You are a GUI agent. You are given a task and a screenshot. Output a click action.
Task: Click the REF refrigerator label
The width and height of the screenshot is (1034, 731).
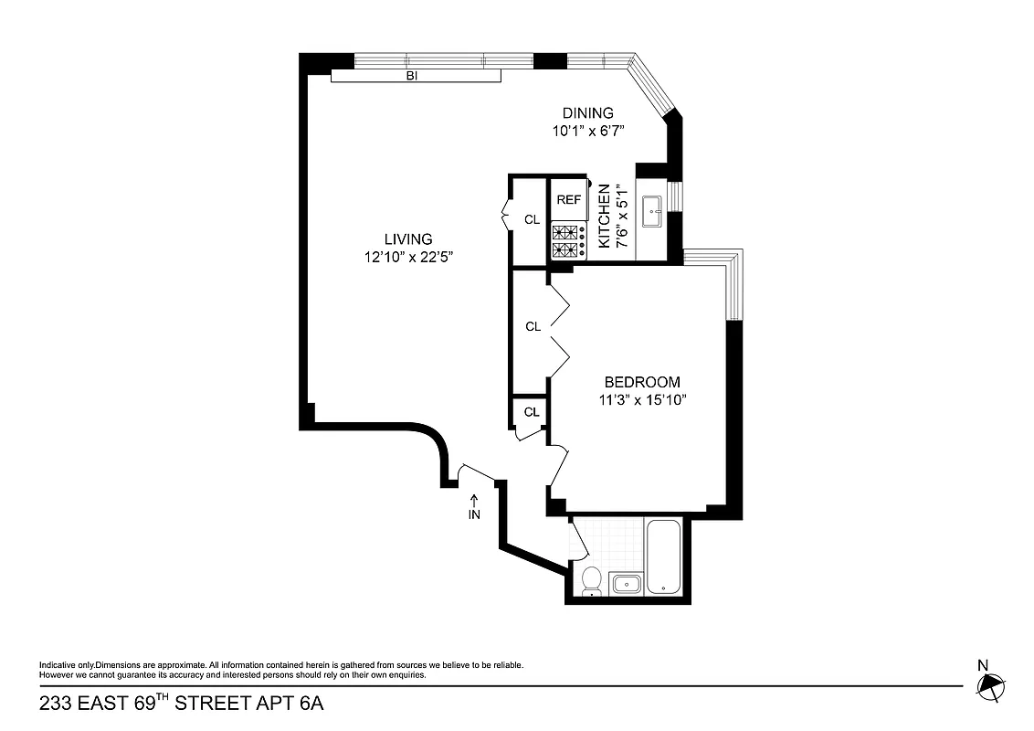pyautogui.click(x=569, y=199)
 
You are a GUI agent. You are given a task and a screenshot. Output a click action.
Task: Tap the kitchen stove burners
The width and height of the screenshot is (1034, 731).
pyautogui.click(x=569, y=240)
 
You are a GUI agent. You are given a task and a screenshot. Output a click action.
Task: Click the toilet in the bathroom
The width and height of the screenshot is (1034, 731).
pyautogui.click(x=591, y=580)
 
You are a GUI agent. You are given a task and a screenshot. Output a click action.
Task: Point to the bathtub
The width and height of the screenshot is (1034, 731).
pyautogui.click(x=662, y=557)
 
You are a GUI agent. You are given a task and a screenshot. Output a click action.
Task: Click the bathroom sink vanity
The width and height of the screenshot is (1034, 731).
pyautogui.click(x=626, y=584)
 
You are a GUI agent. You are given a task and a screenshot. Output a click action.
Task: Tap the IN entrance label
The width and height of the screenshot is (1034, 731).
pyautogui.click(x=474, y=515)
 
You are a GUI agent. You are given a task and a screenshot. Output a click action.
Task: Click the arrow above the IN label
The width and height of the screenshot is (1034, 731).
pyautogui.click(x=474, y=500)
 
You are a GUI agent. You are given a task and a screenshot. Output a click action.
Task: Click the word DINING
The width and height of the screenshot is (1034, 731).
pyautogui.click(x=587, y=113)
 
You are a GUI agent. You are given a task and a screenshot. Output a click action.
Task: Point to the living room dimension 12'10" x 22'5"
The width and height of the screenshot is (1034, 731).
pyautogui.click(x=408, y=258)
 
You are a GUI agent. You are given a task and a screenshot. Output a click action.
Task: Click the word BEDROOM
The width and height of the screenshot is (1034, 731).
pyautogui.click(x=642, y=382)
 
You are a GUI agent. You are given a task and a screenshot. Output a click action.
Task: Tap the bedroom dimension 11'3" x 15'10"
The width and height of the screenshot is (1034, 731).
pyautogui.click(x=641, y=399)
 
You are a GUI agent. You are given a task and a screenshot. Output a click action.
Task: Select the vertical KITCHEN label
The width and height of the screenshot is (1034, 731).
pyautogui.click(x=604, y=217)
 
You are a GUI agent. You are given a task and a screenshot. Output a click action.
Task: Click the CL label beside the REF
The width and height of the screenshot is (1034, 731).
pyautogui.click(x=532, y=219)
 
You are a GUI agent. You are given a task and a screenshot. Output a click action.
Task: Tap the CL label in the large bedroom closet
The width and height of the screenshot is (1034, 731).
pyautogui.click(x=533, y=326)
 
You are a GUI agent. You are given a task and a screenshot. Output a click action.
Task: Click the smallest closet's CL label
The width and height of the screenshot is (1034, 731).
pyautogui.click(x=532, y=412)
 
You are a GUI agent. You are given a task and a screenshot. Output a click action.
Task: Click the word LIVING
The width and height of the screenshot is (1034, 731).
pyautogui.click(x=407, y=239)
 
